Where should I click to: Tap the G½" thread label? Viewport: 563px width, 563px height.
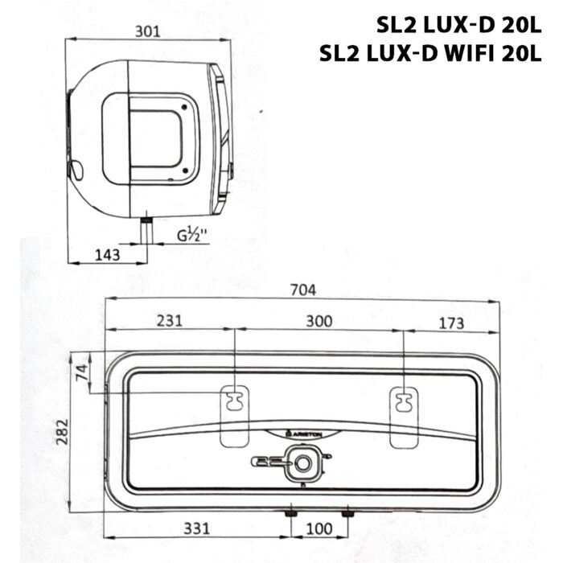click(x=192, y=236)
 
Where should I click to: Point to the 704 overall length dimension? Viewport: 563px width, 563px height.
click(x=303, y=290)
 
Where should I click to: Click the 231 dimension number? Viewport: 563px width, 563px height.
click(x=170, y=321)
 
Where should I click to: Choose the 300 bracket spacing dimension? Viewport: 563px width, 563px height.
click(x=318, y=321)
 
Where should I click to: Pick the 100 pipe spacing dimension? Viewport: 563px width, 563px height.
click(x=318, y=529)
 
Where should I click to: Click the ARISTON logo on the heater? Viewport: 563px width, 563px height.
click(x=304, y=434)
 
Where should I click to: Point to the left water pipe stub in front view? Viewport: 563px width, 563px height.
click(x=289, y=513)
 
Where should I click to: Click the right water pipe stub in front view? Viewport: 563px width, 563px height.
click(x=347, y=513)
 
